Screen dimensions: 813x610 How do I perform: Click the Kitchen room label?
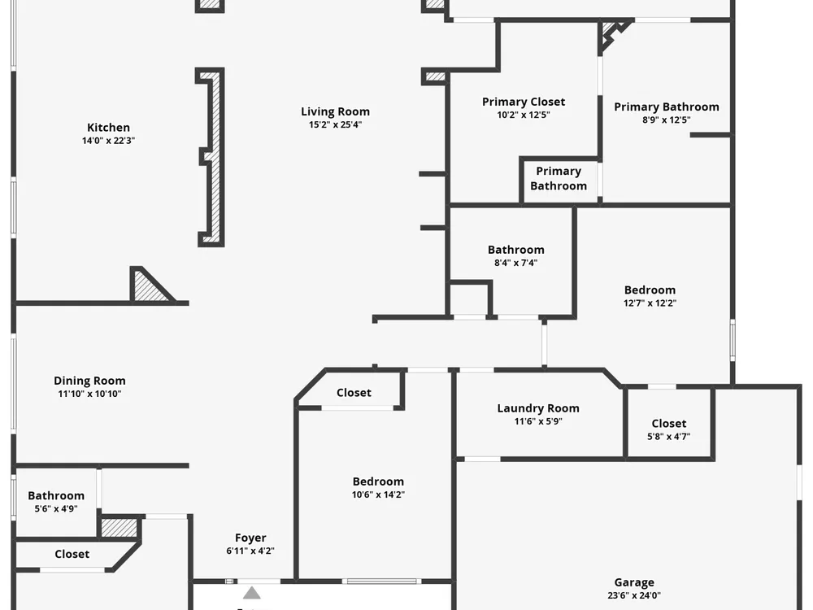pos(108,128)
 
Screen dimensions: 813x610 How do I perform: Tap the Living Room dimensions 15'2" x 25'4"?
pos(336,124)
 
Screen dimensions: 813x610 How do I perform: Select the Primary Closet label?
pos(524,102)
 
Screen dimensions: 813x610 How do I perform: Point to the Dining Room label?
pos(89,381)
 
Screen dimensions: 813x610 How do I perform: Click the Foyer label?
pos(250,538)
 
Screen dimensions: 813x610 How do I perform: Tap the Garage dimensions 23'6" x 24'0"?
pos(634,595)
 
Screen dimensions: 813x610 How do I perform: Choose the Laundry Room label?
pos(538,408)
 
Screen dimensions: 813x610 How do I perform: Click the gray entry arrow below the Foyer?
pos(252,592)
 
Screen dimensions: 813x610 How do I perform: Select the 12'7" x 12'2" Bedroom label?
pos(650,290)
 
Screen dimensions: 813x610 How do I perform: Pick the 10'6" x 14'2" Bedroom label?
pos(379,481)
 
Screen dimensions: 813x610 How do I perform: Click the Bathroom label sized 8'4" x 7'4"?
pos(516,250)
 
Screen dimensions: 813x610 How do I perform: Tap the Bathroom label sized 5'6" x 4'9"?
pos(56,496)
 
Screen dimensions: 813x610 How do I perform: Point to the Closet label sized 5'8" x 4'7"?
pos(669,424)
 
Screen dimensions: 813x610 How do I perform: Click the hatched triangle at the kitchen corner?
pos(150,286)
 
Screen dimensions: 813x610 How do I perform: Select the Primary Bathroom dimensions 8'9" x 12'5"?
pos(667,120)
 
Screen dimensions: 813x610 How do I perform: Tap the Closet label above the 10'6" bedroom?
pos(354,393)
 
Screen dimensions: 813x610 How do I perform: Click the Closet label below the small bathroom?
pos(72,554)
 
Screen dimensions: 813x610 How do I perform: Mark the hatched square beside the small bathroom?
pos(119,528)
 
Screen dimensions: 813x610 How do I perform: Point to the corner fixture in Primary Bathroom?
pos(612,33)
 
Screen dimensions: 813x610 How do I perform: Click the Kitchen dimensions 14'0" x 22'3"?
pos(108,141)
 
